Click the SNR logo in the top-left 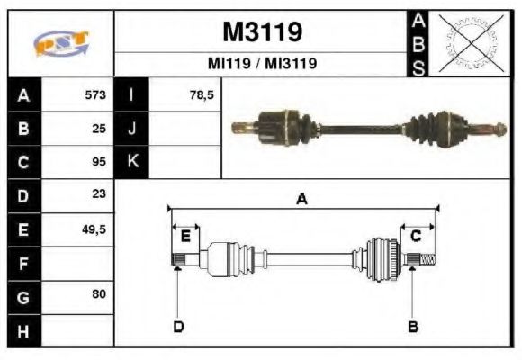(60, 42)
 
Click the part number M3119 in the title (262, 33)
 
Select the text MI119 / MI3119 (262, 64)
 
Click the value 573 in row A (94, 95)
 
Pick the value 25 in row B (99, 129)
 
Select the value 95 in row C (99, 162)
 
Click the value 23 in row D (99, 194)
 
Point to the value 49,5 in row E (94, 229)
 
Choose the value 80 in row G (99, 295)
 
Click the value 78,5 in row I (202, 95)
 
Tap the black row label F (22, 263)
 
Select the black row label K (132, 162)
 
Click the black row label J (132, 129)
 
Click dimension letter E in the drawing (185, 237)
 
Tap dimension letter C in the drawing (416, 237)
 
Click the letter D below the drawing (178, 326)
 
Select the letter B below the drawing (413, 326)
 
